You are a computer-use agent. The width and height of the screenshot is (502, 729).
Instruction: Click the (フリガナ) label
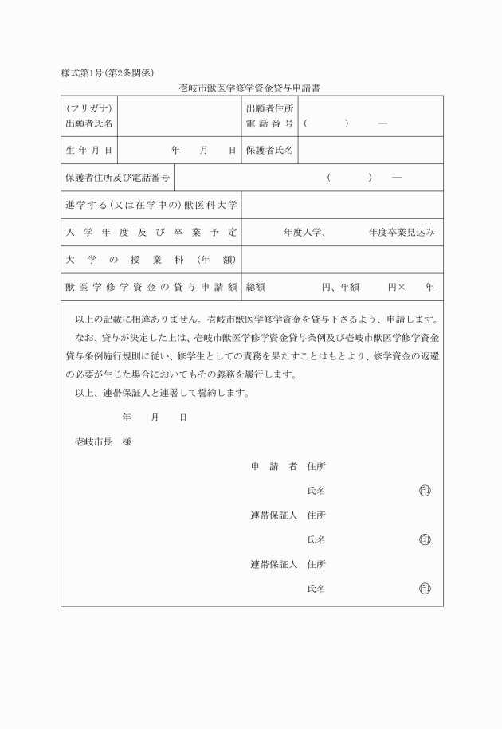(x=89, y=108)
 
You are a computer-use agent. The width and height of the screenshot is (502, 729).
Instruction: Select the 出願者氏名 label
(x=89, y=124)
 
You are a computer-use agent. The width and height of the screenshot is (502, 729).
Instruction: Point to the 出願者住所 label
(x=270, y=108)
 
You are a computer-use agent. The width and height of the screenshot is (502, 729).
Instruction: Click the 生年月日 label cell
(x=89, y=150)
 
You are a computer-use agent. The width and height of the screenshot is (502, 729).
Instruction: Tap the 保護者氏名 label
(x=270, y=150)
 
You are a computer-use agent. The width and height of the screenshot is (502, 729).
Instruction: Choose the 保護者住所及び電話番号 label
(x=119, y=178)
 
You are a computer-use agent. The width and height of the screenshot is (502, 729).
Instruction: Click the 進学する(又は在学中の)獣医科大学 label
(x=151, y=205)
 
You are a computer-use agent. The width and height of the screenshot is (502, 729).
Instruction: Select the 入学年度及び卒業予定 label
(x=151, y=233)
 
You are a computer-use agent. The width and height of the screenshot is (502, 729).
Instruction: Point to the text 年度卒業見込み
(x=402, y=233)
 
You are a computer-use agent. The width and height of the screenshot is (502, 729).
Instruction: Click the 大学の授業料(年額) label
(x=151, y=260)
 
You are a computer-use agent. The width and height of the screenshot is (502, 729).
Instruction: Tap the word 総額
(x=256, y=287)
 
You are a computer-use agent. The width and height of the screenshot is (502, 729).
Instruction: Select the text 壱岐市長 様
(x=103, y=441)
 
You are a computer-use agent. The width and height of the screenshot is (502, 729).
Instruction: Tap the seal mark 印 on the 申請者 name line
(x=425, y=491)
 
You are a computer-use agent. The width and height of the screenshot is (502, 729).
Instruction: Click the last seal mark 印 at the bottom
(x=425, y=589)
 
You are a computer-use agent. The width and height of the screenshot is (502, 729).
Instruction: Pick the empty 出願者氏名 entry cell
(x=179, y=116)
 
